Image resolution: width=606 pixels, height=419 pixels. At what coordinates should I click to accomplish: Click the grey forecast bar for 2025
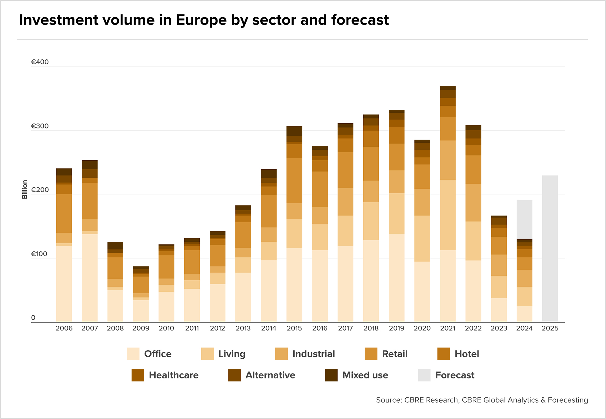(550, 248)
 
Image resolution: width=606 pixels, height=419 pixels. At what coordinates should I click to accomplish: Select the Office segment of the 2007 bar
(90, 278)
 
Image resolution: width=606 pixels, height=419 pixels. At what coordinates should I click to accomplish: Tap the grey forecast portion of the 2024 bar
(524, 220)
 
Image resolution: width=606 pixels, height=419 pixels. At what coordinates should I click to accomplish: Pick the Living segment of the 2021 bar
(448, 215)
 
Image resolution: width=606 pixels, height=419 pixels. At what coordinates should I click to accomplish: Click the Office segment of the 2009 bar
(141, 311)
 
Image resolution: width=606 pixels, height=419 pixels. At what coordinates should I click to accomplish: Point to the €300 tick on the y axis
(40, 126)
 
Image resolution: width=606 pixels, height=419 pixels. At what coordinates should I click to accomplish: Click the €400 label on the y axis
(40, 62)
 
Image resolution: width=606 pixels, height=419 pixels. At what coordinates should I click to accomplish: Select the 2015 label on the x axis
(294, 328)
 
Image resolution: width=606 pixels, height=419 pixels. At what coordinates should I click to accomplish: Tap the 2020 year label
(422, 328)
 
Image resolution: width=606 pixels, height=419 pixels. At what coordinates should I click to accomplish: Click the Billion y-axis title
(25, 189)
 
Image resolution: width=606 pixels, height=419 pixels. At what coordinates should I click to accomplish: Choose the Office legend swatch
(133, 354)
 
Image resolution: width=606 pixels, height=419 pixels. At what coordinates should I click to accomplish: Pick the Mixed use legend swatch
(331, 375)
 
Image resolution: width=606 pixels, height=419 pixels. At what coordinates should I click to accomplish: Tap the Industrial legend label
(314, 354)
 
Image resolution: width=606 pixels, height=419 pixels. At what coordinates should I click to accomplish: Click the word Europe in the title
(201, 20)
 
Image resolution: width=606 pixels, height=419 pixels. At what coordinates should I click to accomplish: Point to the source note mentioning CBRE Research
(482, 400)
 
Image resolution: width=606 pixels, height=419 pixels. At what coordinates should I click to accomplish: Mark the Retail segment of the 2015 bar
(294, 181)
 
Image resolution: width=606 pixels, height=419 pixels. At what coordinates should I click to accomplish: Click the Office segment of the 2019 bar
(397, 278)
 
